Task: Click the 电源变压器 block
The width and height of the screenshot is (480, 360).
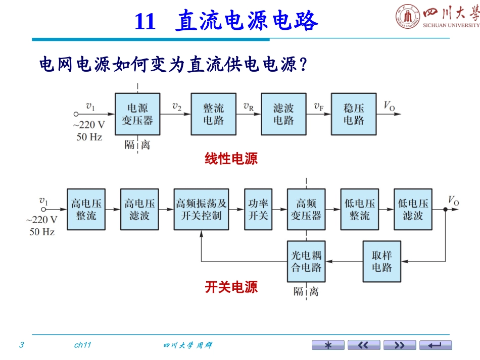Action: click(x=137, y=114)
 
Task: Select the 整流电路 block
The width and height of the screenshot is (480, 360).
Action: click(x=213, y=114)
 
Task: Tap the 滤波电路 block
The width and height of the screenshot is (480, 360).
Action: click(x=283, y=114)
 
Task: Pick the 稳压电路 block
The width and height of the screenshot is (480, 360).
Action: click(x=354, y=114)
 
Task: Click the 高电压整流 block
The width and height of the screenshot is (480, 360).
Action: click(x=86, y=209)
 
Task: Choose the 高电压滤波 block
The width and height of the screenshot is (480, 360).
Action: click(x=140, y=209)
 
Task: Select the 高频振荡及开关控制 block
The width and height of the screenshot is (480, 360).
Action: click(x=201, y=209)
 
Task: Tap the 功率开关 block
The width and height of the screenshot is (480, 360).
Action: click(x=258, y=209)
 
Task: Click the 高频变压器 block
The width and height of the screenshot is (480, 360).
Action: click(x=306, y=209)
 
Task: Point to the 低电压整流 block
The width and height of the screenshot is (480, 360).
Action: click(x=360, y=209)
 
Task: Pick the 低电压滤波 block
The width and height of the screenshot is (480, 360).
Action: click(x=413, y=209)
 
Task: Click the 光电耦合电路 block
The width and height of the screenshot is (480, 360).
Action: click(x=306, y=261)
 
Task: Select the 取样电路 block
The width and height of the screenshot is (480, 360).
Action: click(x=382, y=261)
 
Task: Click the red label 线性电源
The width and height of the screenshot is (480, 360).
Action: click(x=231, y=159)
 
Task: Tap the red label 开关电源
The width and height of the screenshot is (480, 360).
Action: click(x=231, y=287)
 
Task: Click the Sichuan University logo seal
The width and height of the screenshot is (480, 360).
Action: click(x=408, y=16)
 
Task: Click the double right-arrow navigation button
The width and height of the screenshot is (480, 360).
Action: click(x=400, y=345)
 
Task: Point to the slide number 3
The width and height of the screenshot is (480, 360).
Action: click(x=21, y=345)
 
